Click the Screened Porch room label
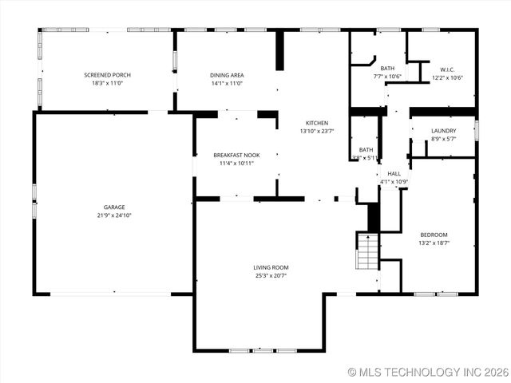pos(107,75)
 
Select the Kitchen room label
pos(317,123)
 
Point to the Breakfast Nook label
pos(236,155)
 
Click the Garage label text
pos(113,207)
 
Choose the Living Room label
pos(271,267)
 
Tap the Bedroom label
pos(434,235)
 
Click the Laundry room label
pos(443,131)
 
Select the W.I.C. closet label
pos(447,69)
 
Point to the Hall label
pos(394,173)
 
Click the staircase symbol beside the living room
pos(366,251)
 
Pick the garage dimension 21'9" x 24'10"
pos(113,215)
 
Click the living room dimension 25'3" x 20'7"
pos(271,275)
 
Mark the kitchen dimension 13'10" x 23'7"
pos(317,131)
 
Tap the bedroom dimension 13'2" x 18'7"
pos(434,243)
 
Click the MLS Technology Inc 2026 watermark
pos(429,373)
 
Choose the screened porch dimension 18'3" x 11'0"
pos(107,83)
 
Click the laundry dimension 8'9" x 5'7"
pos(443,139)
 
